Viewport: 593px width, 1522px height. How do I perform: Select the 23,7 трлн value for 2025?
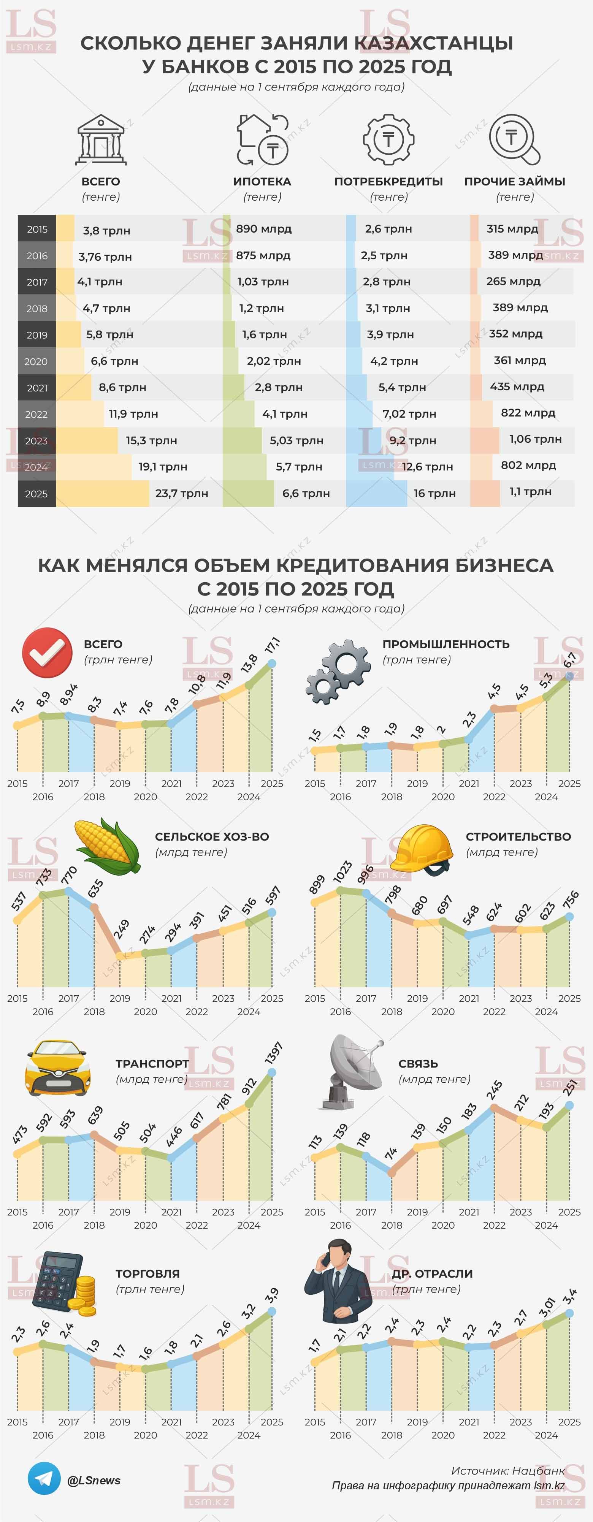181,493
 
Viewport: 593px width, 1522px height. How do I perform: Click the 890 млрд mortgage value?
264,229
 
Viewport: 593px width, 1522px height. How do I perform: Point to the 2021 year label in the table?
36,388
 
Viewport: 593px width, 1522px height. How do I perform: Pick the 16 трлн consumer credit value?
434,493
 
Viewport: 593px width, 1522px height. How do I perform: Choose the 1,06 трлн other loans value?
535,439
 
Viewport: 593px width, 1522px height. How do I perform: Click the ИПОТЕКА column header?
262,181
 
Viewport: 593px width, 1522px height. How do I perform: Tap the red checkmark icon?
47,652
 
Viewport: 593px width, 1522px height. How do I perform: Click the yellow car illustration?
58,1068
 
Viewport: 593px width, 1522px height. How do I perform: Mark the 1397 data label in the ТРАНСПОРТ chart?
274,1053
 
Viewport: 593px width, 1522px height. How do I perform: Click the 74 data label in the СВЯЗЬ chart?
391,1153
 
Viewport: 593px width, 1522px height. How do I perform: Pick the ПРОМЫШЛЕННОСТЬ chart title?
446,644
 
